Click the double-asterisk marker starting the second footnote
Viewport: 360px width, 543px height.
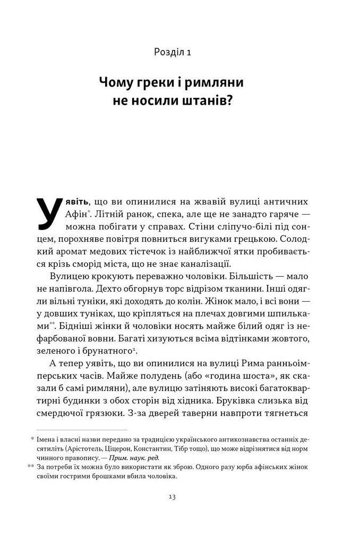30,467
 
